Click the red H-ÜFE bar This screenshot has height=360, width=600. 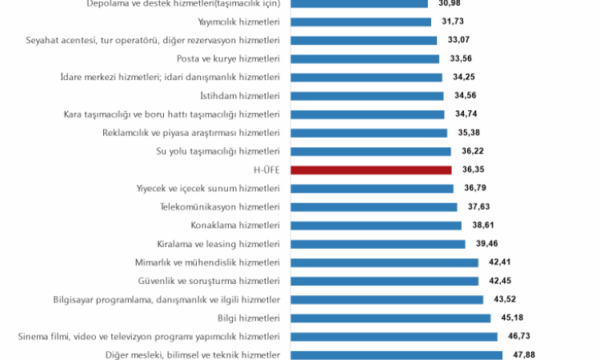[371, 170]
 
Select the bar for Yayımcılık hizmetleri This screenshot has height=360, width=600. [361, 22]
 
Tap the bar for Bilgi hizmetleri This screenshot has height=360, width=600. [390, 318]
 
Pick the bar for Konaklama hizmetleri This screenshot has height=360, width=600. [376, 225]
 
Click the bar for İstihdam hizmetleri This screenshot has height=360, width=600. [367, 95]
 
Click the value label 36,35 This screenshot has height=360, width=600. [474, 170]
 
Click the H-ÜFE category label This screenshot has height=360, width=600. [266, 170]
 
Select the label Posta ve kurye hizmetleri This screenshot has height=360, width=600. [228, 58]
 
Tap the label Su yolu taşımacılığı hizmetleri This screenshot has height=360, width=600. [218, 151]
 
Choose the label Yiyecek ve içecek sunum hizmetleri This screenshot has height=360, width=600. [208, 188]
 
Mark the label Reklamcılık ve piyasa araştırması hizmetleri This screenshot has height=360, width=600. [191, 133]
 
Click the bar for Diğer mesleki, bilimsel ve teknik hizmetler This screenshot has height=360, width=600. [396, 354]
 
